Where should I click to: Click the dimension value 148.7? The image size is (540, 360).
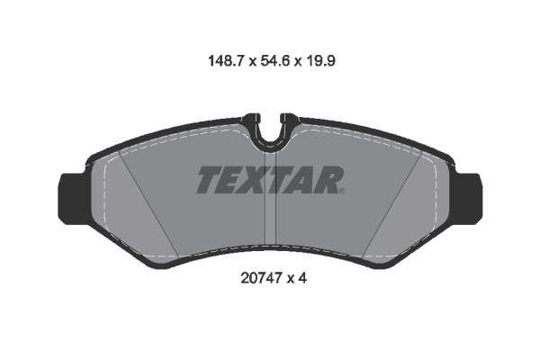[x=226, y=61]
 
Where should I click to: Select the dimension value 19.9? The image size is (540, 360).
[x=321, y=61]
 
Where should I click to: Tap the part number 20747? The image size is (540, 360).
[x=261, y=278]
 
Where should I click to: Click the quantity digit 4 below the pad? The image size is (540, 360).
[x=302, y=278]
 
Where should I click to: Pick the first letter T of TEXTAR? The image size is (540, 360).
[x=210, y=179]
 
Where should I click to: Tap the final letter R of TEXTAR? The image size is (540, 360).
[x=328, y=179]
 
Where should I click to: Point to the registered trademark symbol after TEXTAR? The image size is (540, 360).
[x=342, y=191]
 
